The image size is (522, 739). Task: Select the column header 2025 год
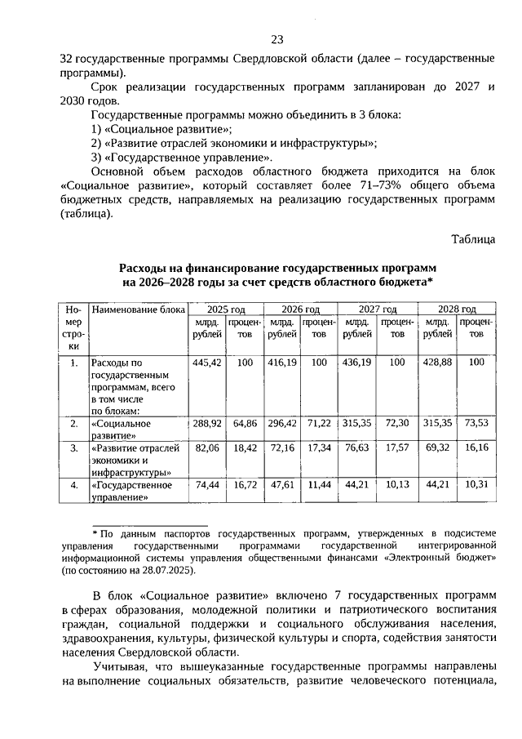(x=226, y=310)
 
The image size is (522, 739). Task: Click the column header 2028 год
(x=456, y=310)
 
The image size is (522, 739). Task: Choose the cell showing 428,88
(x=437, y=362)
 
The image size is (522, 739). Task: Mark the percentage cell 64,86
(x=245, y=425)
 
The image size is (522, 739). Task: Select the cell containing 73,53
(x=476, y=425)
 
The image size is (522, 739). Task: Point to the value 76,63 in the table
(x=359, y=448)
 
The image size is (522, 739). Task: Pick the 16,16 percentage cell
(x=476, y=448)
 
